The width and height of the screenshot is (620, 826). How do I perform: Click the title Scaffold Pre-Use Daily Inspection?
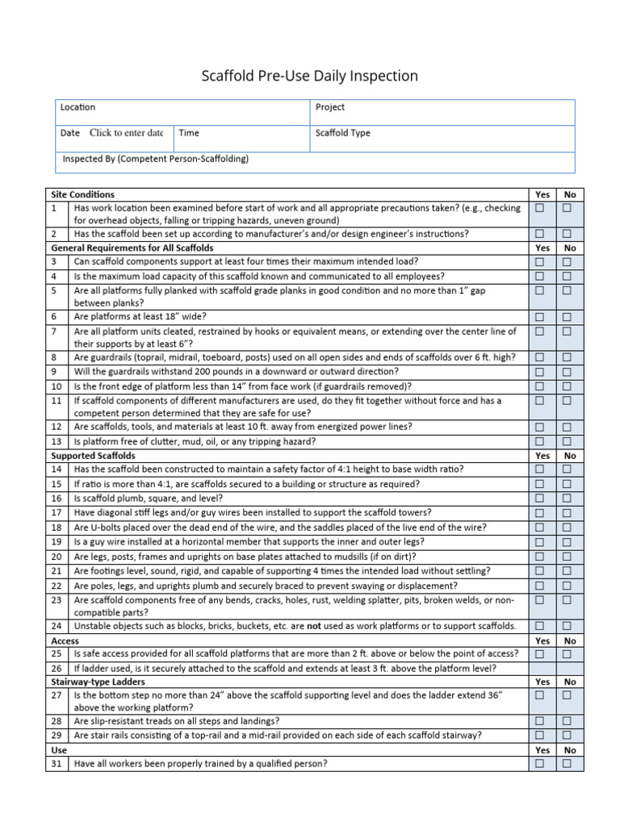click(309, 77)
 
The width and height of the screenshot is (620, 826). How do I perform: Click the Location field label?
click(77, 107)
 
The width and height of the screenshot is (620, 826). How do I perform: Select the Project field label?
click(330, 107)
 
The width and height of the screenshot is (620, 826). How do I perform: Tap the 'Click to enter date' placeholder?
click(126, 133)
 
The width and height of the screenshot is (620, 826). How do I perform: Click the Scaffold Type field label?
click(343, 133)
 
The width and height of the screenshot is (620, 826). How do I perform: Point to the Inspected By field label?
click(156, 159)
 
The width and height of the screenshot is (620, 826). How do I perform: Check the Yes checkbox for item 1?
click(539, 208)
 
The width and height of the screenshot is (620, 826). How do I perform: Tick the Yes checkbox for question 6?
click(539, 317)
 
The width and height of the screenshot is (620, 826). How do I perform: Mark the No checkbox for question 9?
click(568, 372)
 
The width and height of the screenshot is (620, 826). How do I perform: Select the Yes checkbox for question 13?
click(539, 441)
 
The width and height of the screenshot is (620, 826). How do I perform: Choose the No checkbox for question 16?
click(568, 499)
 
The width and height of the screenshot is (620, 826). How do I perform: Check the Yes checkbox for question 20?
click(539, 556)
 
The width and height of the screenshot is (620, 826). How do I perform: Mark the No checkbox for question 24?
click(568, 626)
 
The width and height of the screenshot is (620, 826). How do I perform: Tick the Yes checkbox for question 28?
click(539, 720)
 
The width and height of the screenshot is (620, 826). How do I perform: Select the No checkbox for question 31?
click(568, 763)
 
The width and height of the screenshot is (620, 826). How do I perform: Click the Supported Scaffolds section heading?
click(93, 456)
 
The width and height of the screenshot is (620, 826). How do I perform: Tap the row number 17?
click(56, 512)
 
